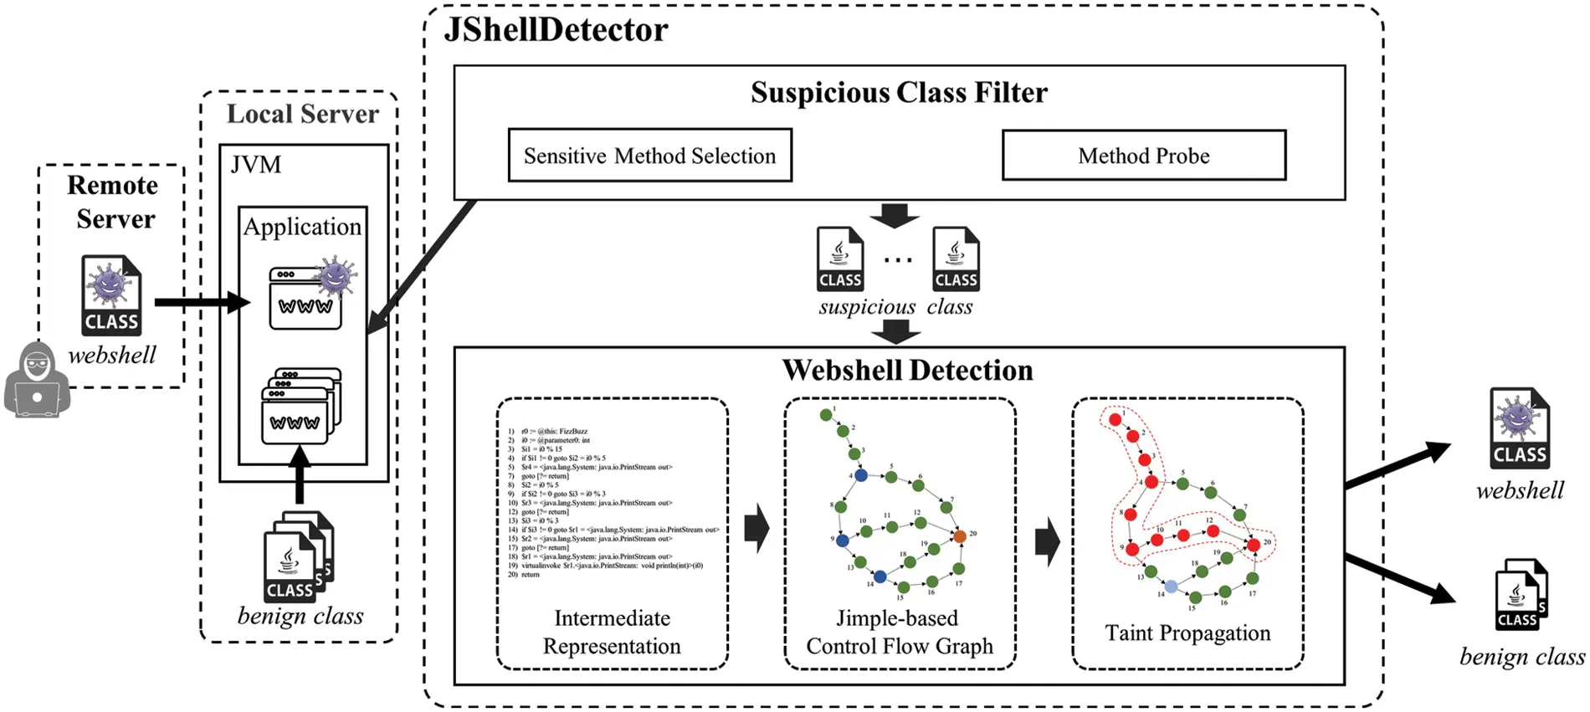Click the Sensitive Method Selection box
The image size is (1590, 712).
click(x=650, y=156)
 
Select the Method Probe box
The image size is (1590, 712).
click(x=1143, y=156)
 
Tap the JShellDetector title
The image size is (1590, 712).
click(x=556, y=31)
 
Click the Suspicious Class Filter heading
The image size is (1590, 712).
click(x=899, y=92)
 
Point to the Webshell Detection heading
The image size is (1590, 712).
click(x=907, y=371)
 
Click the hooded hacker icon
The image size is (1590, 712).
click(x=37, y=381)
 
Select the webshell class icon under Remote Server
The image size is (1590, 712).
click(x=111, y=295)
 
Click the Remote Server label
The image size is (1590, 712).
click(x=112, y=202)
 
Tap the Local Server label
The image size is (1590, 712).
click(x=302, y=114)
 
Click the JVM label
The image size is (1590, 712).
click(x=256, y=165)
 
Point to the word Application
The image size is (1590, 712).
click(x=302, y=227)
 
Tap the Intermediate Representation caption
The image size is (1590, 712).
click(x=612, y=632)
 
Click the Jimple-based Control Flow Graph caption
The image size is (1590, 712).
click(x=899, y=632)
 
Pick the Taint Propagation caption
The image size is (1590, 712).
click(x=1187, y=633)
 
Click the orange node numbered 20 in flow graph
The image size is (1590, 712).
click(x=960, y=536)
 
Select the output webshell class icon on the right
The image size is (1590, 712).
click(x=1520, y=428)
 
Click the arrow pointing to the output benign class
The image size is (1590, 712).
click(x=1402, y=577)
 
